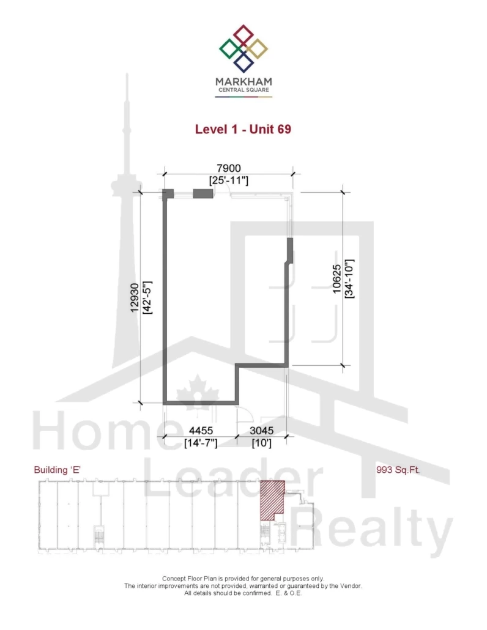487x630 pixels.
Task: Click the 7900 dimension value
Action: coord(229,168)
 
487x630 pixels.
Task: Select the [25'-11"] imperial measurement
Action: coord(229,180)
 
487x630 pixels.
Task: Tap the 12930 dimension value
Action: coord(134,297)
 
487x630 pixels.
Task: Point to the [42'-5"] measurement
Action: coord(147,297)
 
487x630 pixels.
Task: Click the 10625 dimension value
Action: coord(336,279)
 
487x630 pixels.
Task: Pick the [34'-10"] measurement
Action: coord(349,279)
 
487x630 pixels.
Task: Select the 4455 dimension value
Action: coord(201,431)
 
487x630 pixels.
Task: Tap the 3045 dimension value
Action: coord(262,431)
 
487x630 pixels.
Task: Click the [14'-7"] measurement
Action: coord(201,443)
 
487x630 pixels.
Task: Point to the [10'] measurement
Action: coord(262,443)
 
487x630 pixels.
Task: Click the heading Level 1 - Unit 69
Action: coord(243,130)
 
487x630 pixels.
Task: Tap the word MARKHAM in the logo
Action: coord(243,82)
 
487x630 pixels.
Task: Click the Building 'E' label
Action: coord(58,470)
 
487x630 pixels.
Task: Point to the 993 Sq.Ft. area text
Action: coord(398,470)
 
